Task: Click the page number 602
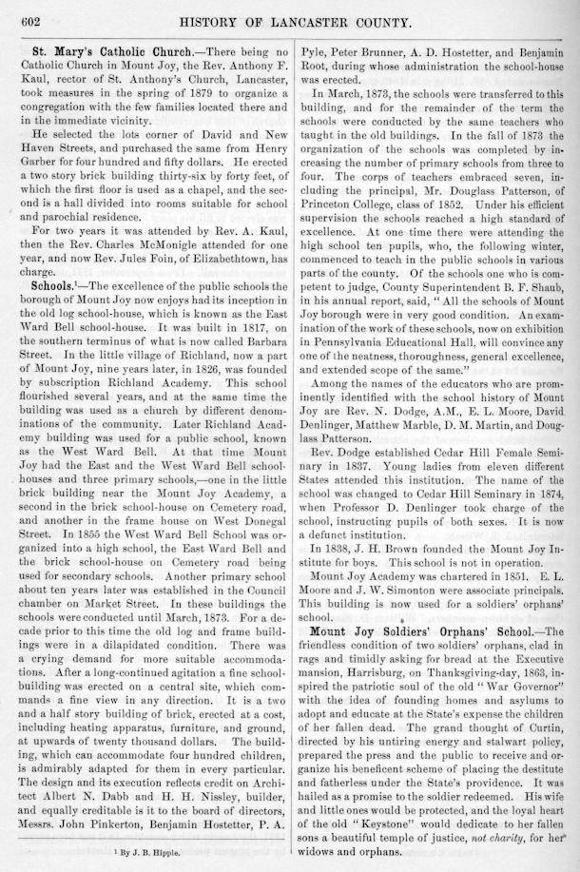pos(20,12)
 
